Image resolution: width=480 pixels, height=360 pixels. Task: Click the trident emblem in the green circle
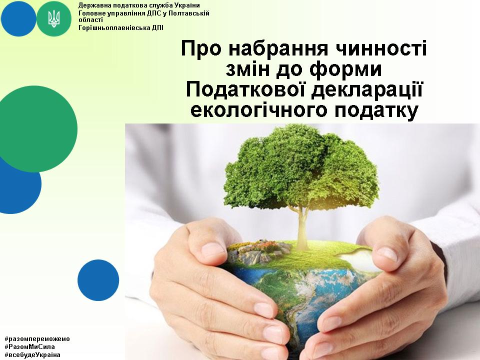pos(54,18)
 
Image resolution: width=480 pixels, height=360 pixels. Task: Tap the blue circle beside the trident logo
pos(18,18)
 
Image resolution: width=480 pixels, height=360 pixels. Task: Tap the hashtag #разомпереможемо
pos(37,339)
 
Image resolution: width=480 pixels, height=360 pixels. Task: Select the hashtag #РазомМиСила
pos(29,347)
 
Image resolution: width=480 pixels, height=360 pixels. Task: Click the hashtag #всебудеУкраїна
pos(32,355)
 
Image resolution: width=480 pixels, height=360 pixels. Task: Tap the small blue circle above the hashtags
pos(98,280)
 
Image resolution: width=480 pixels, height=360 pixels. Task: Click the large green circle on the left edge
pos(35,129)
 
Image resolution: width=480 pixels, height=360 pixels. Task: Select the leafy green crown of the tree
pos(301,167)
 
